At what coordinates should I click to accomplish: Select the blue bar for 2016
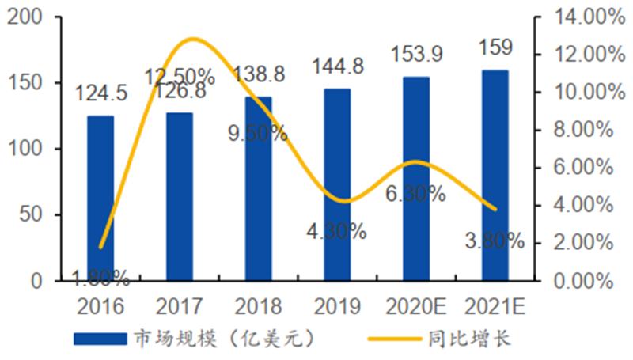coord(100,198)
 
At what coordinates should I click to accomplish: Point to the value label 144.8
coord(338,66)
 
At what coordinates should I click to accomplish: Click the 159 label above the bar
coord(495,49)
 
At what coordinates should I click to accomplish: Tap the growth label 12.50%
coord(180,77)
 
